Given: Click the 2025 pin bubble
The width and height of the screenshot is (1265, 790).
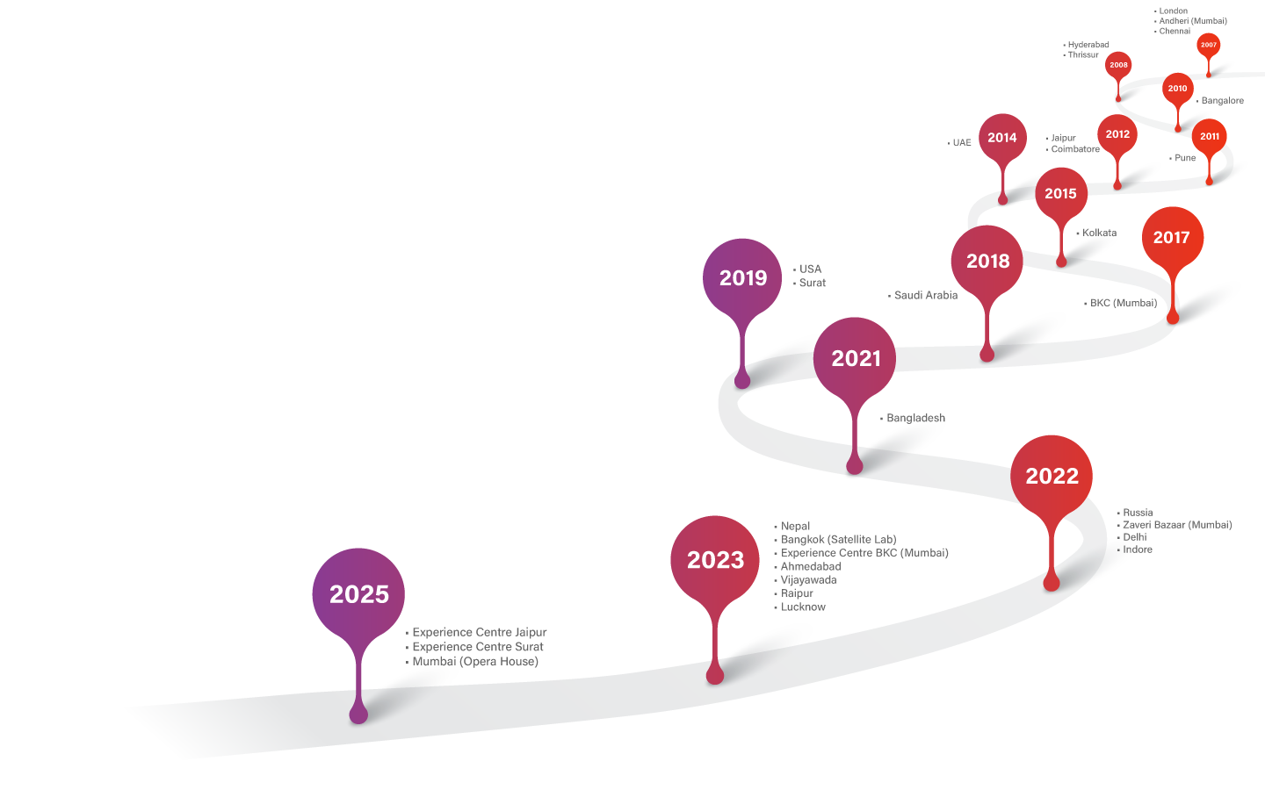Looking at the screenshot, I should tap(358, 594).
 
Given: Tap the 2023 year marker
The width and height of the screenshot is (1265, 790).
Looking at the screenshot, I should tap(715, 559).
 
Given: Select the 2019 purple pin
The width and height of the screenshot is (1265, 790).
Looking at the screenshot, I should tap(742, 277).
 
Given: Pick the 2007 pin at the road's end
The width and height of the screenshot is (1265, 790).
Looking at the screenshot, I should tap(1209, 45).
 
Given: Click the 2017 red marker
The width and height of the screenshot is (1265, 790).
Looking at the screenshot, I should tap(1172, 237).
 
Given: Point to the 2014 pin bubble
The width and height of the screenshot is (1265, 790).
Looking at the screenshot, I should tap(1002, 138).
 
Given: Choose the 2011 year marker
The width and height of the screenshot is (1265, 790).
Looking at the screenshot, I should tap(1210, 136).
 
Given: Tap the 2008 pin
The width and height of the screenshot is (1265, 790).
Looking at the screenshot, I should tap(1118, 65).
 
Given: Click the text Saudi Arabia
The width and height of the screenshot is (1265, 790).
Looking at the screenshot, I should tap(925, 296).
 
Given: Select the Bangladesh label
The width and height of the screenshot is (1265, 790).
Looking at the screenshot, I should tap(915, 418).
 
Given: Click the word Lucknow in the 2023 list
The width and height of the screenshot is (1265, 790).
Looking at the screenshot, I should tap(803, 607).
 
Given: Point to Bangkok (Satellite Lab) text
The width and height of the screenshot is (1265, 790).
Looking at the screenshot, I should tap(838, 540).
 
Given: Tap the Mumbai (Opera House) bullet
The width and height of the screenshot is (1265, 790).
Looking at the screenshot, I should tap(474, 662).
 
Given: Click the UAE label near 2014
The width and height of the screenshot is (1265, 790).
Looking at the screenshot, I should tap(962, 142).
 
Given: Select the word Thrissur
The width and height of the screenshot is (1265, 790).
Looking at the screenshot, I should tap(1083, 54).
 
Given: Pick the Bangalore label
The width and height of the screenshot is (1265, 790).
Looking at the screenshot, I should tap(1222, 101).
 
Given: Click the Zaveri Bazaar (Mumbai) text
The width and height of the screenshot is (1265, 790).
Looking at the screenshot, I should tap(1177, 525).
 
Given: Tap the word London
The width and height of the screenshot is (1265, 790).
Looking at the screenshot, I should tap(1173, 11).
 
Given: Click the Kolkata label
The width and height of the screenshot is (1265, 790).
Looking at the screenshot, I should tap(1099, 233).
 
